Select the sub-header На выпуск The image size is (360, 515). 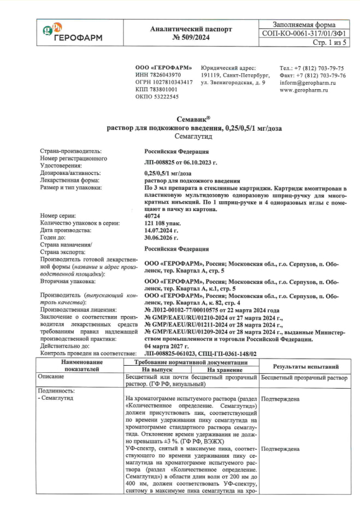[157, 370]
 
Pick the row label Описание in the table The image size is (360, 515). [51, 377]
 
